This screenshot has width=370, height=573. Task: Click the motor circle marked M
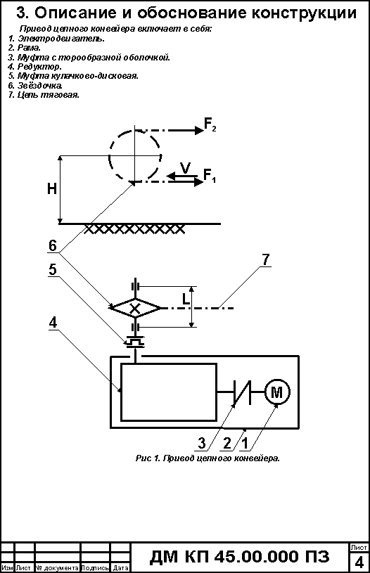[x=276, y=392]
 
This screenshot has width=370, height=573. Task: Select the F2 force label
[x=210, y=124]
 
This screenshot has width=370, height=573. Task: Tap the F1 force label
[x=210, y=176]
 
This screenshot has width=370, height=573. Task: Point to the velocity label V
[x=186, y=168]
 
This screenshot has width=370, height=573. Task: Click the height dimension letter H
[x=52, y=188]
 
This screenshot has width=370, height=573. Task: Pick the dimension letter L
[x=186, y=300]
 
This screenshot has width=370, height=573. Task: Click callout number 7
[x=266, y=260]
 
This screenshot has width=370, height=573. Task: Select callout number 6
[x=53, y=245]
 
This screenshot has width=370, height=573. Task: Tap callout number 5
[x=53, y=269]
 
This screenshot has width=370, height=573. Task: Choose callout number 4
[x=53, y=322]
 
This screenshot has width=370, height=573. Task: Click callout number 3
[x=201, y=443]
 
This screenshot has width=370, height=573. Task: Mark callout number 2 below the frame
[x=227, y=443]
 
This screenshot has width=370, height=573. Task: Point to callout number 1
[x=245, y=443]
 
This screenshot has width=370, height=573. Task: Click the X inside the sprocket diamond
[x=135, y=309]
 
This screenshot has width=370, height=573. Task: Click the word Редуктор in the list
[x=39, y=67]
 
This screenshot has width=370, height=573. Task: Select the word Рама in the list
[x=29, y=48]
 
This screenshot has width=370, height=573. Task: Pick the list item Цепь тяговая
[x=49, y=95]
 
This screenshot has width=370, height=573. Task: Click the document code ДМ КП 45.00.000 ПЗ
[x=239, y=557]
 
